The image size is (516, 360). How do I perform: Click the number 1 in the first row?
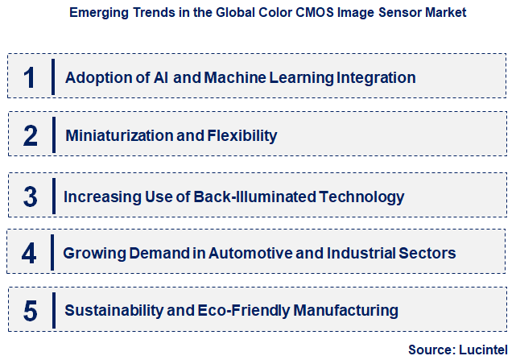tap(30, 77)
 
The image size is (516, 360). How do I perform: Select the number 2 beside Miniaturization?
tap(31, 135)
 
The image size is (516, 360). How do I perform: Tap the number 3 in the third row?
tap(30, 196)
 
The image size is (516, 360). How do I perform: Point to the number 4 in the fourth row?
tap(29, 253)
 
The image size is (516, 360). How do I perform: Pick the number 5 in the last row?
tap(30, 310)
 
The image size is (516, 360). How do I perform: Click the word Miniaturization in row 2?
tap(119, 136)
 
